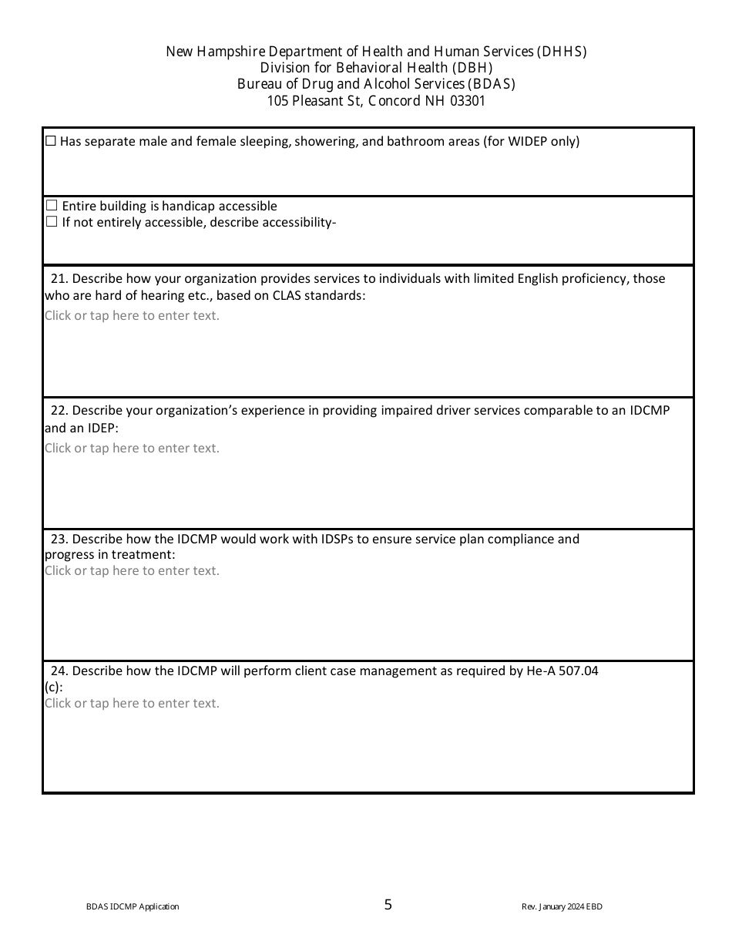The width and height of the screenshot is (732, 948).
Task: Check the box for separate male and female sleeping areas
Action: [51, 141]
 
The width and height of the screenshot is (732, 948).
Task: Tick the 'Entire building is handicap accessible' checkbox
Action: [52, 206]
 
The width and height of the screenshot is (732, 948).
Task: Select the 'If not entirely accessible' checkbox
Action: [52, 222]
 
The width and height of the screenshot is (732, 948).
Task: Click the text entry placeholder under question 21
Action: [132, 315]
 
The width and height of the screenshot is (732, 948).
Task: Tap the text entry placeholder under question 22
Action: [132, 448]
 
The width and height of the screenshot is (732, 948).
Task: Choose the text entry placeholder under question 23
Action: [132, 570]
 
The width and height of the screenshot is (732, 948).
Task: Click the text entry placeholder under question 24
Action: [132, 703]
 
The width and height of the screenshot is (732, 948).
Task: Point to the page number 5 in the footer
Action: [388, 905]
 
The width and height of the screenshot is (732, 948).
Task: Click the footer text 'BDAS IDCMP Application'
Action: [133, 907]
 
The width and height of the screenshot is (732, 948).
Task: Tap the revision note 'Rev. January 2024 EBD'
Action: [562, 907]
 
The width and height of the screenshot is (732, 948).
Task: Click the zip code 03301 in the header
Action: [465, 101]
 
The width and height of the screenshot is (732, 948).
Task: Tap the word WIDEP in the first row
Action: [528, 141]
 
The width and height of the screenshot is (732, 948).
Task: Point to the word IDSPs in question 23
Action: [340, 539]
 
